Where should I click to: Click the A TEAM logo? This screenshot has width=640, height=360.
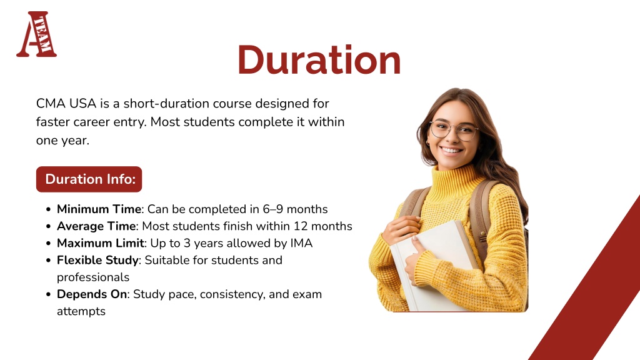[x=36, y=34]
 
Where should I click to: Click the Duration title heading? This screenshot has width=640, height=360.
[x=319, y=60]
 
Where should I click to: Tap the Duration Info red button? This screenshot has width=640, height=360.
[x=89, y=179]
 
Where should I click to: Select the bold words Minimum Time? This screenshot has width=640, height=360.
[x=99, y=209]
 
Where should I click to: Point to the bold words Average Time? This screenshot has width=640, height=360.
[x=96, y=226]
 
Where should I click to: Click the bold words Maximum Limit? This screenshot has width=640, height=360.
[x=101, y=243]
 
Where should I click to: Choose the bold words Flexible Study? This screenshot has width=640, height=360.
[x=97, y=261]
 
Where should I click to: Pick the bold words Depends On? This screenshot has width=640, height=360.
[x=92, y=294]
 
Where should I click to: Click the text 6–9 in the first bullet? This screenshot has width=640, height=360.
[x=272, y=209]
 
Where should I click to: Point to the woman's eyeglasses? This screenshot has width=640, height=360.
[x=454, y=131]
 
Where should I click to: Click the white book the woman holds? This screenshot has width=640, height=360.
[x=432, y=265]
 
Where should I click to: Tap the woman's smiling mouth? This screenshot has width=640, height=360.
[x=452, y=151]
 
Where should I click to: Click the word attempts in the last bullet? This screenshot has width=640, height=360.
[x=81, y=311]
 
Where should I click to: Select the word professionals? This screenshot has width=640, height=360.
[x=93, y=277]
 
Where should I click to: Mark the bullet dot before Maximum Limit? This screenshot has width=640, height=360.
[x=49, y=244]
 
